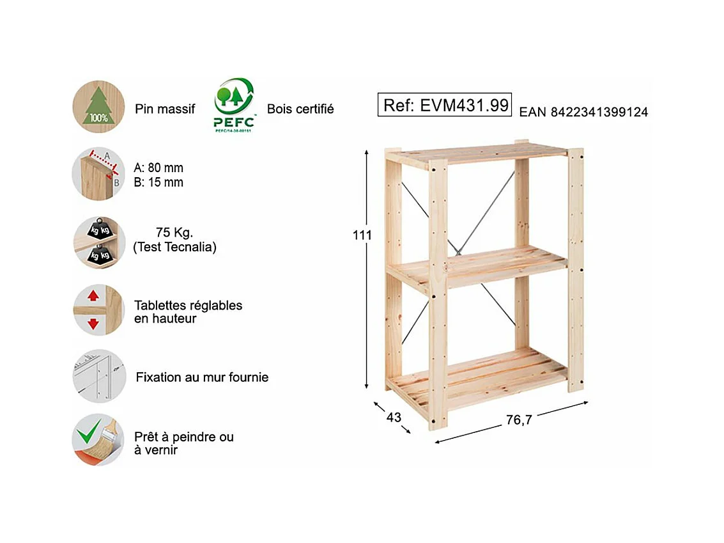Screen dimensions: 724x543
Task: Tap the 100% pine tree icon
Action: pyautogui.click(x=98, y=106)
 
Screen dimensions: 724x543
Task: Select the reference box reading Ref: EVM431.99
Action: pyautogui.click(x=446, y=106)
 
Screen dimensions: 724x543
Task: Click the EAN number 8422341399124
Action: pyautogui.click(x=583, y=113)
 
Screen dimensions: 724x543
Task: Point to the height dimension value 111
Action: pyautogui.click(x=362, y=235)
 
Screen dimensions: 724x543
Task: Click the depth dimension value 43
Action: pyautogui.click(x=394, y=418)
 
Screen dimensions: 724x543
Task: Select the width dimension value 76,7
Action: pyautogui.click(x=519, y=420)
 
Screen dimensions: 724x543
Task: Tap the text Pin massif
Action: pyautogui.click(x=165, y=109)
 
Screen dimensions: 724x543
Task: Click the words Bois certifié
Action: pyautogui.click(x=300, y=109)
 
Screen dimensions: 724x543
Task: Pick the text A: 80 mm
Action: pyautogui.click(x=158, y=168)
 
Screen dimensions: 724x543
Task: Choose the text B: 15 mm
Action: pyautogui.click(x=158, y=182)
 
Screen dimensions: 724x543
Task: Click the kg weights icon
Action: pyautogui.click(x=98, y=242)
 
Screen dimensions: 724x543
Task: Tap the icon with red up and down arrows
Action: pyautogui.click(x=98, y=310)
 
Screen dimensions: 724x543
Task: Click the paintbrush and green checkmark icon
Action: pyautogui.click(x=98, y=439)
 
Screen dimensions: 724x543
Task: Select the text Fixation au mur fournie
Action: pyautogui.click(x=202, y=377)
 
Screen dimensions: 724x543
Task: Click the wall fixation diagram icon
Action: pyautogui.click(x=98, y=376)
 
